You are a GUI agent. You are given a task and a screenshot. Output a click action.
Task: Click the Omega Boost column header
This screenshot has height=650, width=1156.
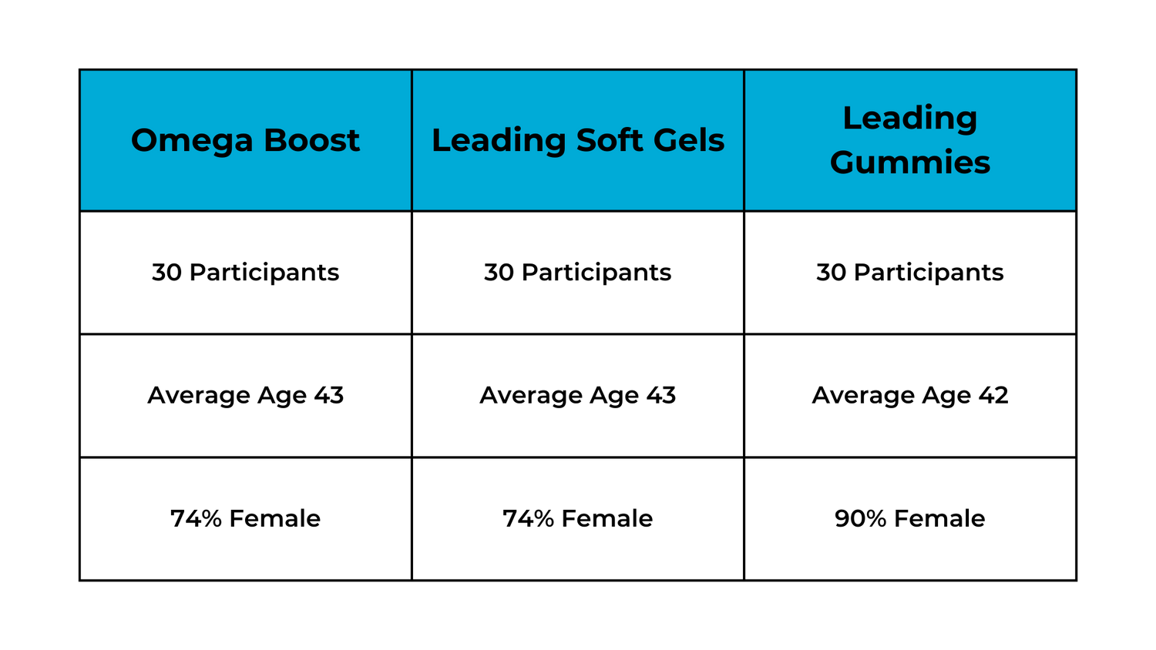pyautogui.click(x=245, y=140)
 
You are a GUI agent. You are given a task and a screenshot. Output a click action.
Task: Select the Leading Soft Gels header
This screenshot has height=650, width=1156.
pyautogui.click(x=578, y=140)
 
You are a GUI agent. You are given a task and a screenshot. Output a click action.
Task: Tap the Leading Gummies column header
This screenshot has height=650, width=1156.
pyautogui.click(x=910, y=140)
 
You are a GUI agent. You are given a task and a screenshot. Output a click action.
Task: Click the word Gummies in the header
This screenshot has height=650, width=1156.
pyautogui.click(x=910, y=163)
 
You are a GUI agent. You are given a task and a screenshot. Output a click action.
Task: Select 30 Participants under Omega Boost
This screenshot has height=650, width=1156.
pyautogui.click(x=245, y=273)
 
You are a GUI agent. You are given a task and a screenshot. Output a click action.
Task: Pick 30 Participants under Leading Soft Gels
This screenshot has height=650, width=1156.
pyautogui.click(x=577, y=273)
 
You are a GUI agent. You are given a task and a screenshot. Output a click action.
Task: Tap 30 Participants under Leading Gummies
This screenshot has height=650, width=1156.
pyautogui.click(x=910, y=273)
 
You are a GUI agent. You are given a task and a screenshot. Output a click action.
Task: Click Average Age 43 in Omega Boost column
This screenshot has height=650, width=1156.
pyautogui.click(x=245, y=396)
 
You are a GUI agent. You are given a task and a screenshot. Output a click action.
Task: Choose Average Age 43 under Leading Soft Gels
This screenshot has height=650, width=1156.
pyautogui.click(x=577, y=396)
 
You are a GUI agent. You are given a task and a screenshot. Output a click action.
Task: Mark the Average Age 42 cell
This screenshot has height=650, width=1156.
pyautogui.click(x=910, y=396)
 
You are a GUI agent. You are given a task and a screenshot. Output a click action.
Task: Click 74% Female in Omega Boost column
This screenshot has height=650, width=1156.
pyautogui.click(x=245, y=518)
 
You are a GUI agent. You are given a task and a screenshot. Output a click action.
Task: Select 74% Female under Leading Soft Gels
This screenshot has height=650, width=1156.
pyautogui.click(x=577, y=518)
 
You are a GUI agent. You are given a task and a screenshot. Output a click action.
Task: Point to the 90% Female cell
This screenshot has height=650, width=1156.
pyautogui.click(x=910, y=518)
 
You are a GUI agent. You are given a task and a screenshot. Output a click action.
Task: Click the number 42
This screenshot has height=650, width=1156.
pyautogui.click(x=993, y=396)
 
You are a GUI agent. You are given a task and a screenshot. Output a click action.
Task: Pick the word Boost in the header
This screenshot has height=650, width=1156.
pyautogui.click(x=311, y=140)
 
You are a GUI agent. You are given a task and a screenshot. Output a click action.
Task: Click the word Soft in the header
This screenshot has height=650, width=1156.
pyautogui.click(x=609, y=140)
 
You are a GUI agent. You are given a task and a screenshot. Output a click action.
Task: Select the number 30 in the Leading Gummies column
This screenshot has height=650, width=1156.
pyautogui.click(x=831, y=273)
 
